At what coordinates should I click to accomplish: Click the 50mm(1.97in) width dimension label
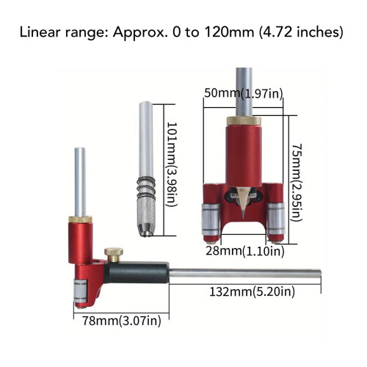coord(244,93)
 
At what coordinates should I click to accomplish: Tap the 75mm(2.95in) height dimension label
coord(297,183)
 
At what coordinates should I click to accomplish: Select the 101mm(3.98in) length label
coord(172,164)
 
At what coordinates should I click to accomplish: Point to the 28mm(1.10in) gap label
coord(245,251)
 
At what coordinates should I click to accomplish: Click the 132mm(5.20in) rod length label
coord(252,291)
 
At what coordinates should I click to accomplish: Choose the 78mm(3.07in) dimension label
coord(122,321)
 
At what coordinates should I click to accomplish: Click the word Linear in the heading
coord(40,32)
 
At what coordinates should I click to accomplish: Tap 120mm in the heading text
coord(230,32)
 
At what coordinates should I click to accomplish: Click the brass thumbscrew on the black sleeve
coord(114,255)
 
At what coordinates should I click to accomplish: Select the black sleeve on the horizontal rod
coord(136,273)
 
